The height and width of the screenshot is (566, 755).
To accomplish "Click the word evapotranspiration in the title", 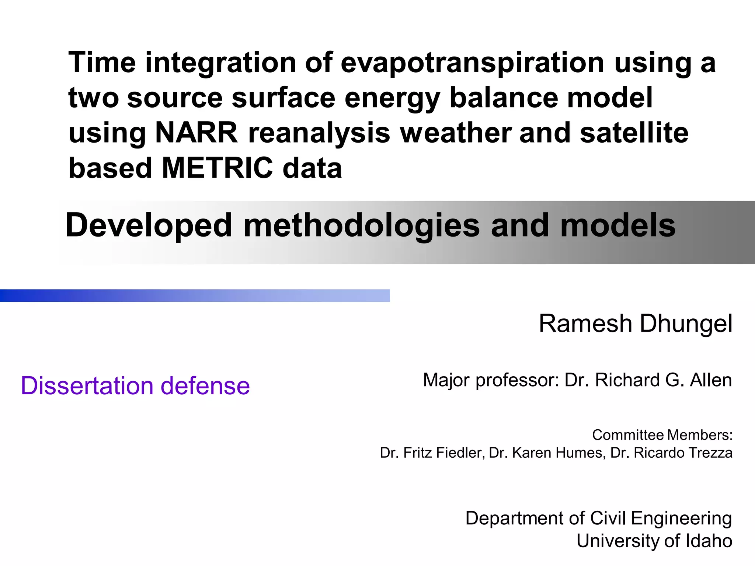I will pos(472,63).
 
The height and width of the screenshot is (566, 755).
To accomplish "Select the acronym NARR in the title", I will pos(196,133).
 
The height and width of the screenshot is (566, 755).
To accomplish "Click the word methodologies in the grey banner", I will pos(362,226).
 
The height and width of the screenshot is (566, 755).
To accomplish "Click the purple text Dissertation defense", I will pos(135,386).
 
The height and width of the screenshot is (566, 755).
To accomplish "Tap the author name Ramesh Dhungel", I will pos(635,324).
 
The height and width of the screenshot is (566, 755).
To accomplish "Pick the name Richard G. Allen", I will pos(663,380).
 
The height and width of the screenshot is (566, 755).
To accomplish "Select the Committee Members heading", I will pos(662,435).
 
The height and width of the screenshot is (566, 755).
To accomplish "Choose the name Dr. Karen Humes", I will pos(547,453).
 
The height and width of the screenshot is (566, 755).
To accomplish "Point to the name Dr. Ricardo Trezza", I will pos(671,453).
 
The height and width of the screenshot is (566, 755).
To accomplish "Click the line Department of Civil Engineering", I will pos(598,518).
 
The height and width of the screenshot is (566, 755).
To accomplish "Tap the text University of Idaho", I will pos(654,541).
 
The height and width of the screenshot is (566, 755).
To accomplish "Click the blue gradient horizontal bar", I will pos(195,296).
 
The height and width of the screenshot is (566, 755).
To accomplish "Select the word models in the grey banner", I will pos(617,226).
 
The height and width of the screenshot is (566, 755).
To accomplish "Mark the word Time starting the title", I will pos(102,63).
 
